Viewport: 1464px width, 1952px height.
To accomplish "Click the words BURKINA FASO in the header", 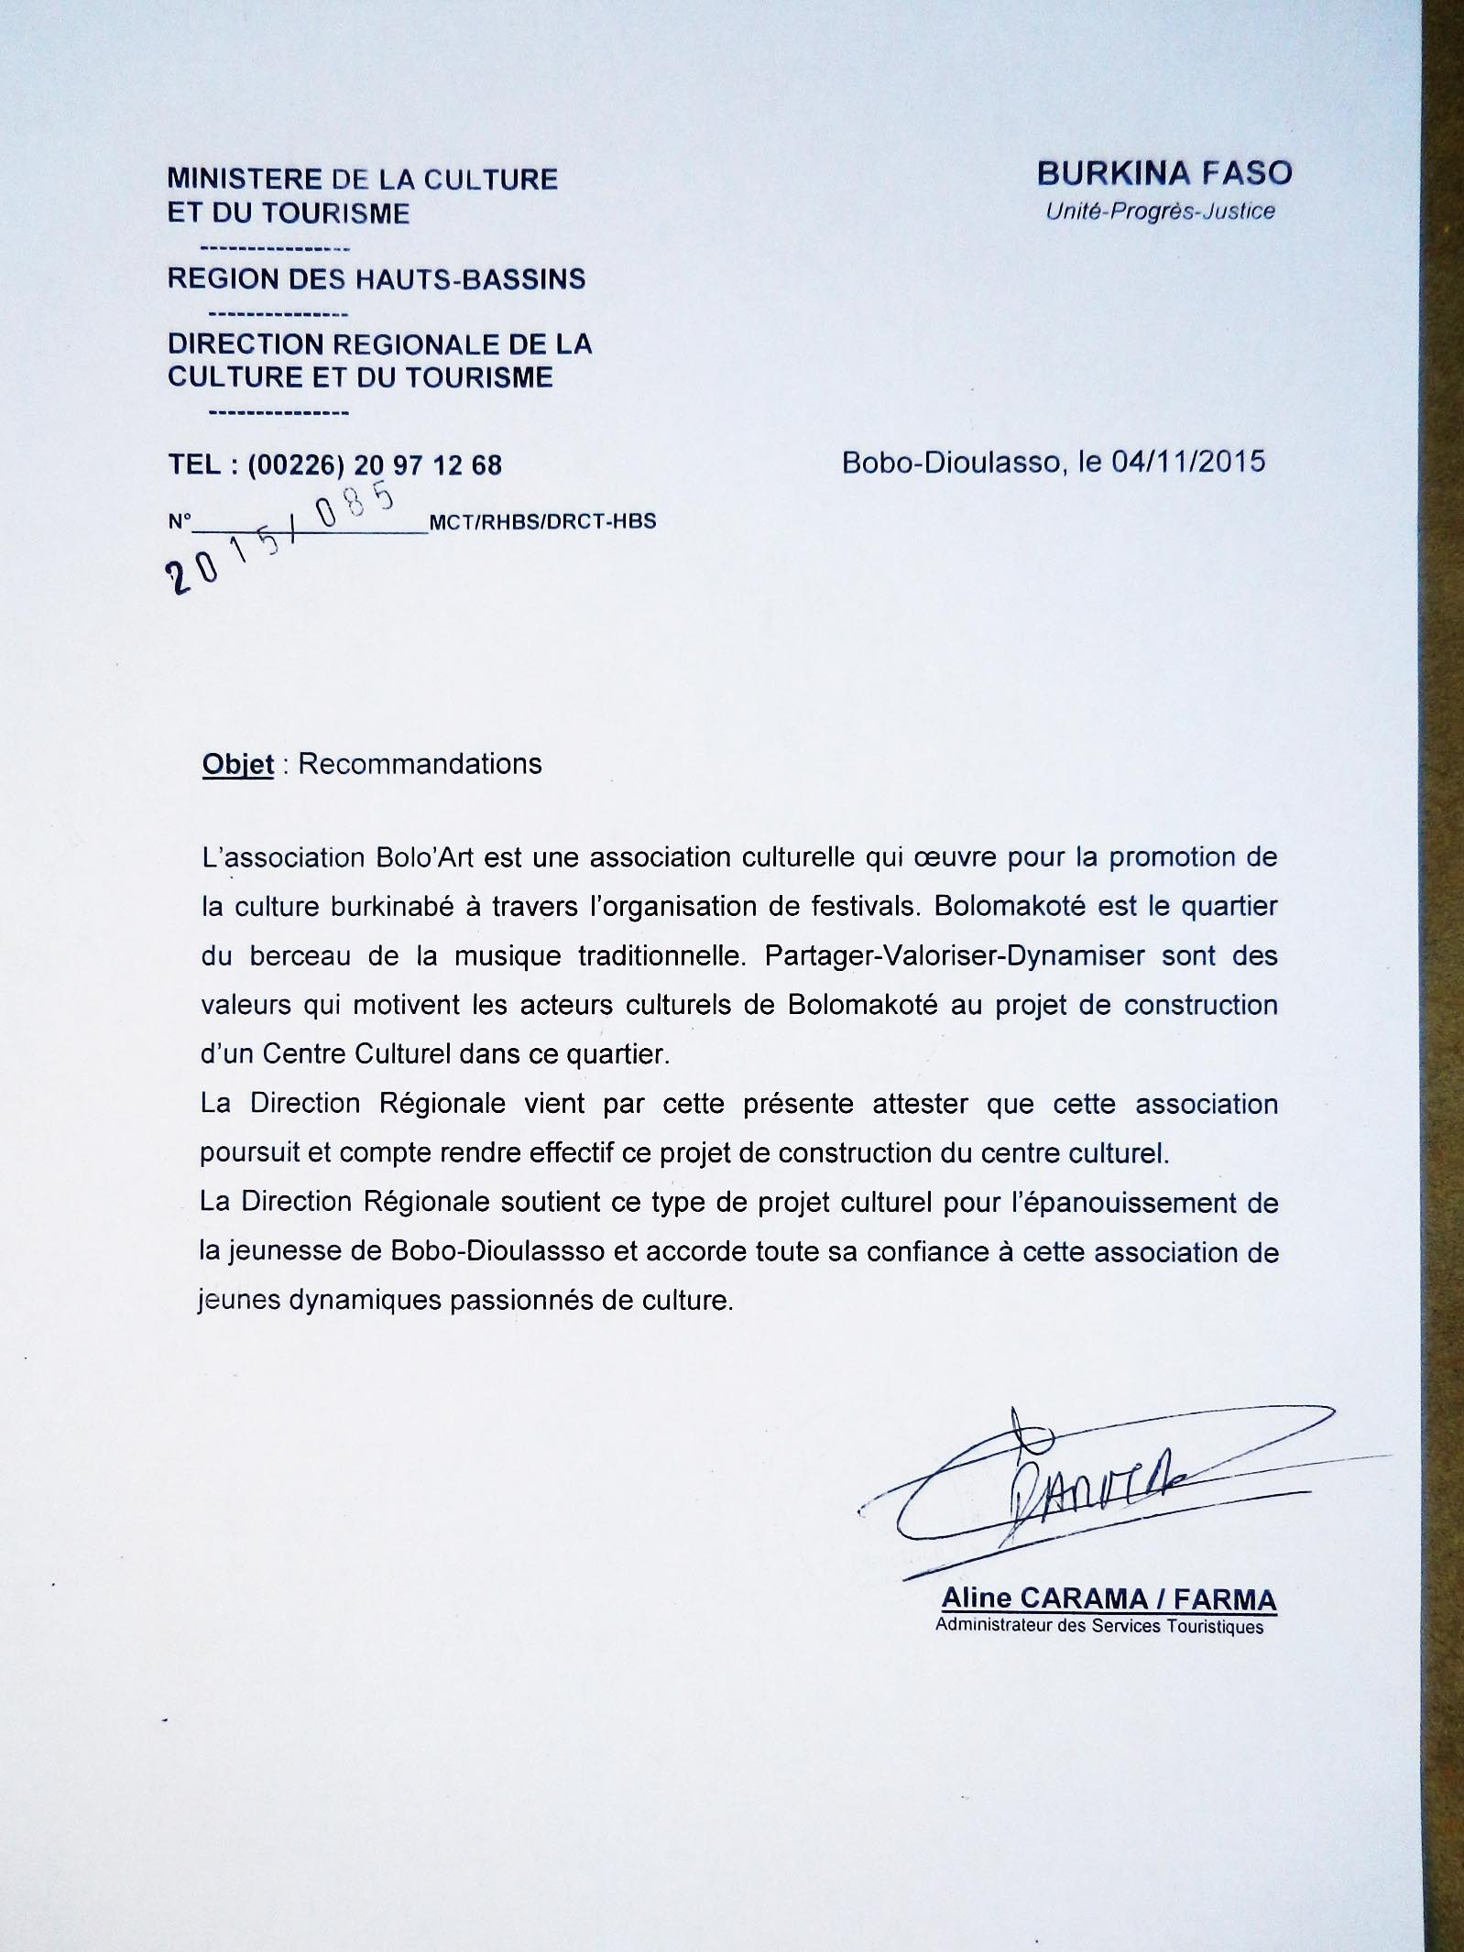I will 1164,173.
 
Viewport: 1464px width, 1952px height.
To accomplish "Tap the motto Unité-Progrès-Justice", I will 1160,212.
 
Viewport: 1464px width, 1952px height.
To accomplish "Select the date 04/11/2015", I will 1188,461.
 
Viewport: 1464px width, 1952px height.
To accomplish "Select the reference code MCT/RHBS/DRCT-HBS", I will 542,522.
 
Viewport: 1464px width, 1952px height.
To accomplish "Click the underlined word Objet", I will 238,764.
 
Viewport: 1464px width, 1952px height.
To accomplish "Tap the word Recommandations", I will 421,764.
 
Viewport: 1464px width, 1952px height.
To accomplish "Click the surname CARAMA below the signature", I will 1084,1599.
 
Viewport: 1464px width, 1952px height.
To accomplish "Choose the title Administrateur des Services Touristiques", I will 1098,1627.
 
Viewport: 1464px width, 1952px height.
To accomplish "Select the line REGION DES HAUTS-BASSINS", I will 377,279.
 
